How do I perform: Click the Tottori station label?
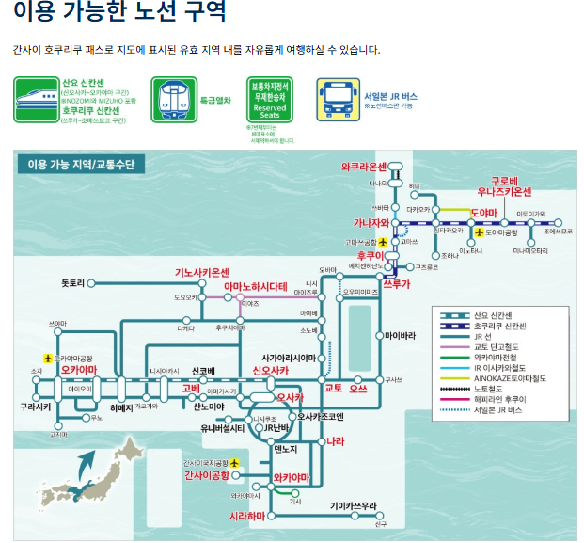click(x=73, y=282)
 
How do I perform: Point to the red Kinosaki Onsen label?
click(x=202, y=273)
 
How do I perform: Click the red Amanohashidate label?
click(x=255, y=285)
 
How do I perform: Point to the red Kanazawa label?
click(x=364, y=223)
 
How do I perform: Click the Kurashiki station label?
click(x=35, y=407)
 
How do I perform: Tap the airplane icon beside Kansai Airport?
click(x=235, y=463)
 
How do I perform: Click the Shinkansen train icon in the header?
click(x=36, y=100)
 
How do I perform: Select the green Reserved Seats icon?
click(x=270, y=99)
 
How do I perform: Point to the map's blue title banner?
click(x=80, y=165)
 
